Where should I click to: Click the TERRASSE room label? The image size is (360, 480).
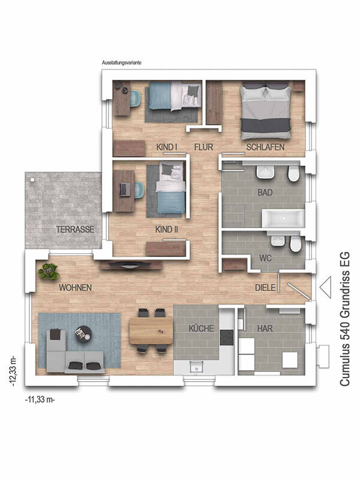click(x=75, y=229)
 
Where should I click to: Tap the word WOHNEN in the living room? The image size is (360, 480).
click(x=76, y=288)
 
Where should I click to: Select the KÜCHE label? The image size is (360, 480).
click(x=201, y=328)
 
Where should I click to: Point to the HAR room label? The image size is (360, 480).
click(x=265, y=328)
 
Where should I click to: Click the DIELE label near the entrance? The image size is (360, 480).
click(x=265, y=288)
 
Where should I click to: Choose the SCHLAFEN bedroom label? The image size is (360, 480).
click(x=265, y=147)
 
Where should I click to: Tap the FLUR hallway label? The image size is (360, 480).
click(x=203, y=147)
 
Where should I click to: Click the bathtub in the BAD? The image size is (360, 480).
click(x=283, y=218)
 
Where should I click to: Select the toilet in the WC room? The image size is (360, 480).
click(x=295, y=244)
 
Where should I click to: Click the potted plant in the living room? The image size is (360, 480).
click(x=49, y=272)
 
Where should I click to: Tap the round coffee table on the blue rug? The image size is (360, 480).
click(x=83, y=334)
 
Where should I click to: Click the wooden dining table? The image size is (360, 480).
click(x=151, y=331)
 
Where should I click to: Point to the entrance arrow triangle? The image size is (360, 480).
click(x=325, y=287)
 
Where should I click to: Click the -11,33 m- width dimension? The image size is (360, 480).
click(x=40, y=400)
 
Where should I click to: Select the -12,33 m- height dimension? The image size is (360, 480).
click(x=13, y=371)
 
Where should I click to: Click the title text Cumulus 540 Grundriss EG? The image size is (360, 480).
click(x=345, y=319)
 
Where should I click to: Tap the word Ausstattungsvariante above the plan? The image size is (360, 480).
click(x=122, y=63)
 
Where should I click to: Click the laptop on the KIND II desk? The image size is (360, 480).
click(x=124, y=190)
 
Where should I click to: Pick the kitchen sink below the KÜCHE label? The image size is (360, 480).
click(x=196, y=366)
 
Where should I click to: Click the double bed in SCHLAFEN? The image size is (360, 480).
click(x=265, y=110)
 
